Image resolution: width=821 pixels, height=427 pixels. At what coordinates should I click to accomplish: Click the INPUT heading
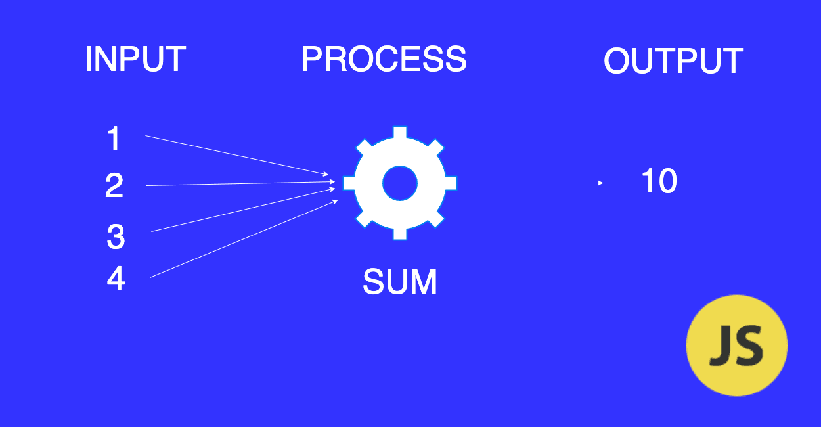coord(135,60)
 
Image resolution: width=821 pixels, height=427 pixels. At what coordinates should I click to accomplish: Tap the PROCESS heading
coord(384,60)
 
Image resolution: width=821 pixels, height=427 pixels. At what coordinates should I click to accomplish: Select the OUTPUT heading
coord(673,62)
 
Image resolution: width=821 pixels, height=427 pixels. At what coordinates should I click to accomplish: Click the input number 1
coord(114,139)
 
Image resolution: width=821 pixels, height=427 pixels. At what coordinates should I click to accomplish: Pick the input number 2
coord(114,187)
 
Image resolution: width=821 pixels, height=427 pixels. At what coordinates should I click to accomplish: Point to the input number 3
coord(116,237)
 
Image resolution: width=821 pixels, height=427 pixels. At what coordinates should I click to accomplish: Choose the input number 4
coord(116,279)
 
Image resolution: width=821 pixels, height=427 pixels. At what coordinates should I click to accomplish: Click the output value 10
coord(659,181)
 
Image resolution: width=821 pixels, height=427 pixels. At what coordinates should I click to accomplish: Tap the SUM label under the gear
coord(399,282)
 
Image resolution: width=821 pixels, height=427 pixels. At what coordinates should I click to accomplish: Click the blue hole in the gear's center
coord(400,183)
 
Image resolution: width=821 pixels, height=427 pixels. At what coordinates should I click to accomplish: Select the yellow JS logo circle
coord(736,345)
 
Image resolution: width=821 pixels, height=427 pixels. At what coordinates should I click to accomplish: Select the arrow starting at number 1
coord(236,155)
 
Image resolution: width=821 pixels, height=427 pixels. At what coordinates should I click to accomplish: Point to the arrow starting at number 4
coord(243,239)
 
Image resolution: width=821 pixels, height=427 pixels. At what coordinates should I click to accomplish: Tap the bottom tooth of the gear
coord(400,233)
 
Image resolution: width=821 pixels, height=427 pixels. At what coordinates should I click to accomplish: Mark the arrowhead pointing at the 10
coord(600,183)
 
